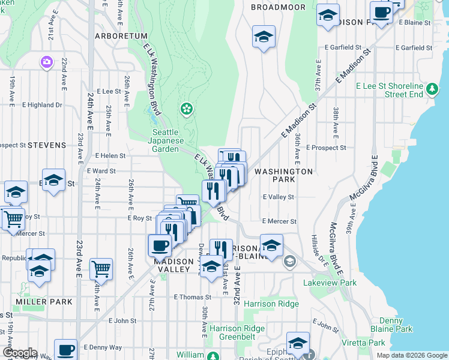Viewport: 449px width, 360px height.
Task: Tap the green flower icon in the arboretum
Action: [x=187, y=109]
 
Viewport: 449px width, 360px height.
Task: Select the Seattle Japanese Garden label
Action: [x=165, y=140]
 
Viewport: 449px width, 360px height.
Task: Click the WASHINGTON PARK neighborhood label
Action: [x=283, y=175]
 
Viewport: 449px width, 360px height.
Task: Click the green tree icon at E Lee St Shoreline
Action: [x=432, y=90]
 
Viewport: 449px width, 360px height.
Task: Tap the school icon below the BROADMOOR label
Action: [x=264, y=37]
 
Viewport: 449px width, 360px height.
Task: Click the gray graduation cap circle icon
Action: [x=291, y=260]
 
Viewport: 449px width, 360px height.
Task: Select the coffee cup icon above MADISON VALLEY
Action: [x=160, y=245]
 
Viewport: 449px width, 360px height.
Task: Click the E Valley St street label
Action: [x=279, y=197]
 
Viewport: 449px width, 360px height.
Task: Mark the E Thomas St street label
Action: [x=192, y=297]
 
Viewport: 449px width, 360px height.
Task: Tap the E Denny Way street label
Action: [x=103, y=347]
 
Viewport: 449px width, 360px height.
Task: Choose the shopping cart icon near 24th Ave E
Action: [x=101, y=269]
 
